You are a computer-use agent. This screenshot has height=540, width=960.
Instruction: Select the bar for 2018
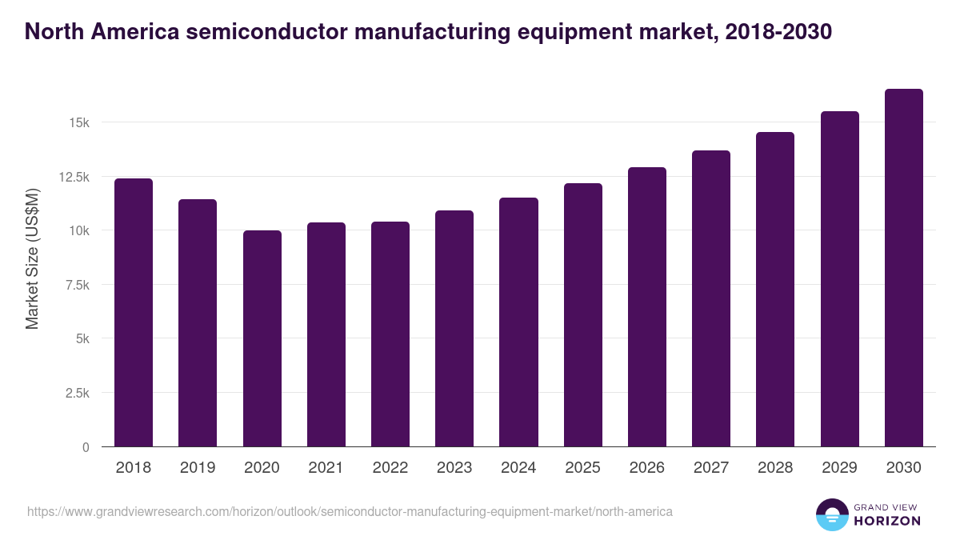click(134, 312)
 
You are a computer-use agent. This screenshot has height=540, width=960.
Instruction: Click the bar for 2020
click(262, 338)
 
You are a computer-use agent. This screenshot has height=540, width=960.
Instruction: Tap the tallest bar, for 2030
click(903, 268)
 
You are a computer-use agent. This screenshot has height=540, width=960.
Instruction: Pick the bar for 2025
click(582, 314)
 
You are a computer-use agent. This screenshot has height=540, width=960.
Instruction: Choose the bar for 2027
click(711, 298)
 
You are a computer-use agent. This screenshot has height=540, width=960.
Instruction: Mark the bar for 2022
click(390, 334)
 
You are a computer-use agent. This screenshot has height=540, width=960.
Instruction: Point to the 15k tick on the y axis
click(78, 122)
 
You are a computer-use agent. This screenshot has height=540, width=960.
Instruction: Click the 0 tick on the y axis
click(85, 447)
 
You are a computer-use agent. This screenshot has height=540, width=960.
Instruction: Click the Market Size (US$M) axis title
click(32, 258)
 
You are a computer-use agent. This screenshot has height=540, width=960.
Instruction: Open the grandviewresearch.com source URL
click(350, 511)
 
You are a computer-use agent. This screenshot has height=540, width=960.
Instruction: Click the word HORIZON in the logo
click(887, 521)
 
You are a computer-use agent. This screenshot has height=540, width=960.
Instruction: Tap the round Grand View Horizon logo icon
click(831, 514)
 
